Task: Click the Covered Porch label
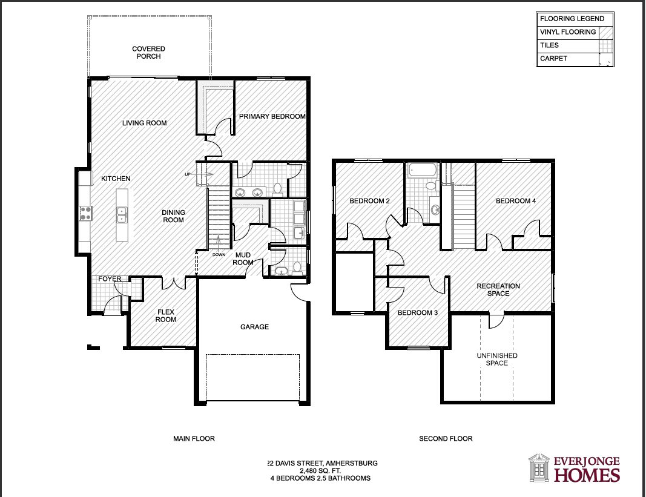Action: pyautogui.click(x=148, y=52)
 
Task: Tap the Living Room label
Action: pyautogui.click(x=144, y=123)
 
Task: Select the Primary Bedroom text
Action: pyautogui.click(x=272, y=117)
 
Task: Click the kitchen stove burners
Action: pyautogui.click(x=86, y=213)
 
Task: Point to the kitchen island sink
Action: pyautogui.click(x=122, y=215)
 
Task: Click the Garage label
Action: pyautogui.click(x=255, y=327)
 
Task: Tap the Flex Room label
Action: pyautogui.click(x=166, y=315)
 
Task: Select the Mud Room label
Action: pyautogui.click(x=243, y=259)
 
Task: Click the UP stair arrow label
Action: pyautogui.click(x=188, y=174)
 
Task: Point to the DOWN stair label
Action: pyautogui.click(x=219, y=255)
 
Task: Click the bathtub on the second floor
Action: pyautogui.click(x=422, y=171)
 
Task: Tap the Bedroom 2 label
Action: pyautogui.click(x=369, y=201)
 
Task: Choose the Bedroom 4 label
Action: pyautogui.click(x=516, y=201)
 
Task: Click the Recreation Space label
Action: pyautogui.click(x=498, y=290)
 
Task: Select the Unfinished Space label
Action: pyautogui.click(x=497, y=360)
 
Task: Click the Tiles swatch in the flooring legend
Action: pyautogui.click(x=606, y=45)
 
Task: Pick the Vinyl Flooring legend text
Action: pyautogui.click(x=568, y=32)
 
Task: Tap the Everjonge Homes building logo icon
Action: pyautogui.click(x=539, y=468)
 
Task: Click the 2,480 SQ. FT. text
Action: pyautogui.click(x=320, y=470)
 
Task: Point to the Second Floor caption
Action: pyautogui.click(x=446, y=439)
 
